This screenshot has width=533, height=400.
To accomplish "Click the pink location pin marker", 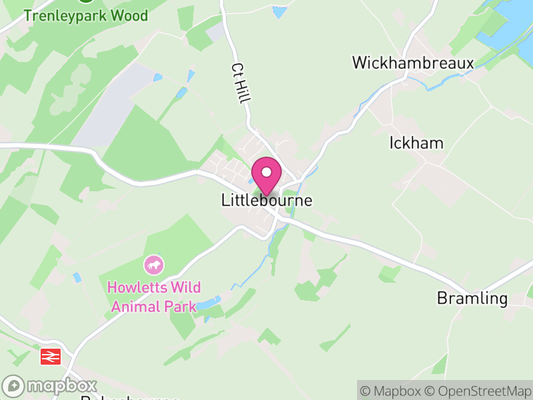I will pyautogui.click(x=266, y=175).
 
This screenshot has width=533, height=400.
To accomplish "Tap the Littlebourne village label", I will pyautogui.click(x=266, y=200).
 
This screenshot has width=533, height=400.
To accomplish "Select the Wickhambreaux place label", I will pyautogui.click(x=412, y=63).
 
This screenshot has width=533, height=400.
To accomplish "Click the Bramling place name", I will pyautogui.click(x=472, y=298).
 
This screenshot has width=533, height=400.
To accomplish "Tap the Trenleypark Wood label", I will pyautogui.click(x=86, y=15).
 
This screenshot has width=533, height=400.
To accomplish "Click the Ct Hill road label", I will pyautogui.click(x=241, y=83).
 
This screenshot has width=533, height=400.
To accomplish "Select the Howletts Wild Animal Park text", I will pyautogui.click(x=154, y=297).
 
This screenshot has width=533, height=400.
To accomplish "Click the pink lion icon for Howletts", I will pyautogui.click(x=154, y=265).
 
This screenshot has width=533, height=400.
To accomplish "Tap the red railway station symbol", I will pyautogui.click(x=51, y=357).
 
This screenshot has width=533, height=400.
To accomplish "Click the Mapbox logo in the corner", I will pyautogui.click(x=50, y=386).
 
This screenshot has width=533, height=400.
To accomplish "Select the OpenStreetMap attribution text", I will pyautogui.click(x=477, y=391).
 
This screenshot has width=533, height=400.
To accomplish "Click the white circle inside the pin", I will pyautogui.click(x=266, y=172).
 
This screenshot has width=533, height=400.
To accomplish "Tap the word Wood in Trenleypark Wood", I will pyautogui.click(x=127, y=15).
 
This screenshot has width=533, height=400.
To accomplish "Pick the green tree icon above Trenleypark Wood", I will pyautogui.click(x=85, y=1).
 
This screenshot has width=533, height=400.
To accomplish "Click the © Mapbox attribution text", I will pyautogui.click(x=391, y=391).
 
